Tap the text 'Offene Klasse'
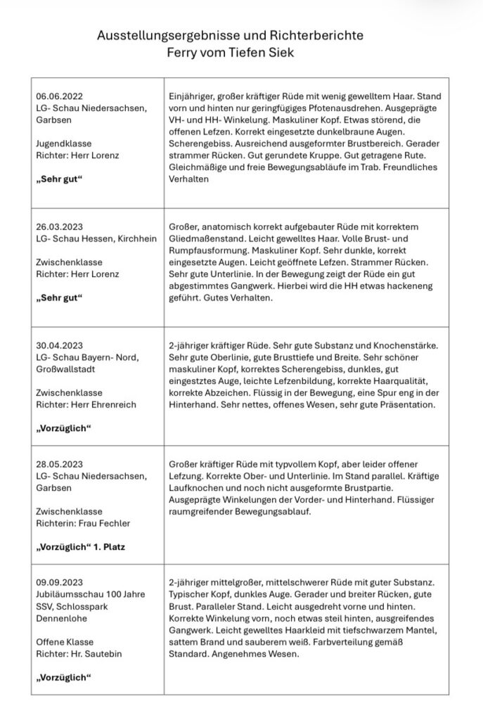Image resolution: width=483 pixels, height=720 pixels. pyautogui.click(x=63, y=642)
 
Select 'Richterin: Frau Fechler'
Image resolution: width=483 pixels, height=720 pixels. pyautogui.click(x=81, y=523)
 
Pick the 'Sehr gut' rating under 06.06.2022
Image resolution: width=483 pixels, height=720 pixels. pyautogui.click(x=59, y=178)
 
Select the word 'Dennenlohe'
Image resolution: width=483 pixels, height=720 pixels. pyautogui.click(x=63, y=618)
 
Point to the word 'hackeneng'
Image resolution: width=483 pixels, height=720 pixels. pyautogui.click(x=394, y=287)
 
